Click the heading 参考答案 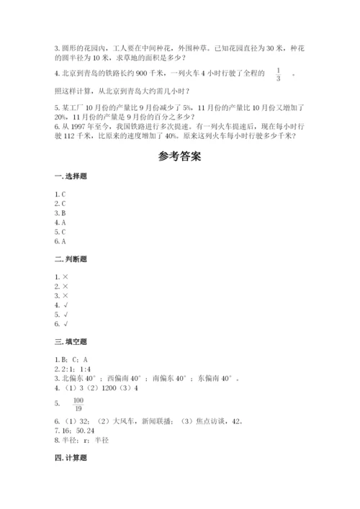click(180, 157)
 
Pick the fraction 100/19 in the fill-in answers click(78, 405)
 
